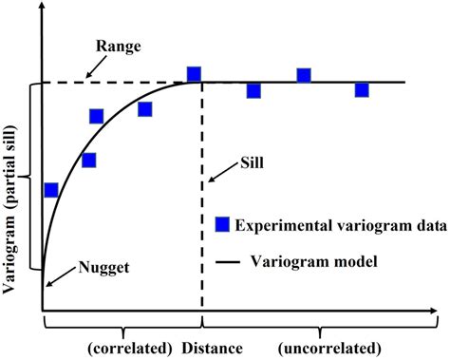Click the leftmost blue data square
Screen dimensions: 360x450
coord(51,190)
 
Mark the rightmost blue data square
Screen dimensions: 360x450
coord(362,90)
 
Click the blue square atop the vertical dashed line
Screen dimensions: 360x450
coord(194,74)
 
